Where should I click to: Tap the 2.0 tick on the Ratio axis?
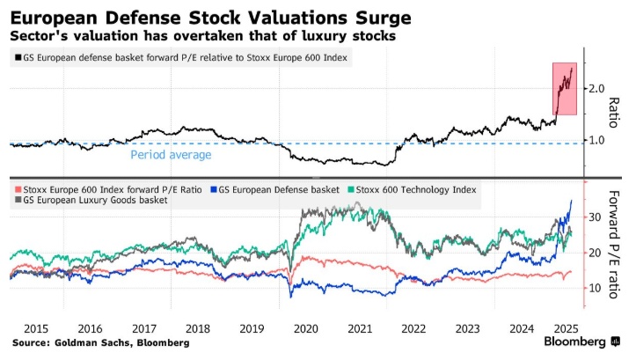tap(597, 88)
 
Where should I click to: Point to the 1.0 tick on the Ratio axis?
tap(597, 140)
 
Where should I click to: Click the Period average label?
tap(171, 155)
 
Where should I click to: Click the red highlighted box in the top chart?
tap(563, 88)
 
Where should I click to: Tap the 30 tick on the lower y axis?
tap(596, 217)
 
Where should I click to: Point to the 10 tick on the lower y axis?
tap(596, 288)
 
